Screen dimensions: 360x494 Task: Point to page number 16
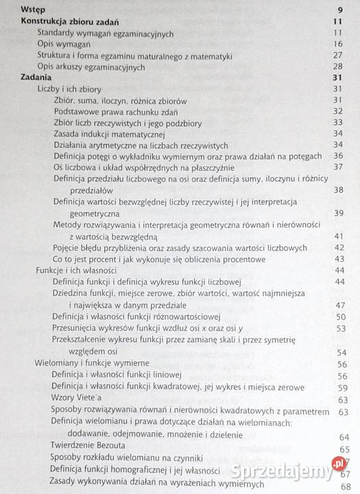coord(337,45)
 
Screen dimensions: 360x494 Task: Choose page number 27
coord(337,56)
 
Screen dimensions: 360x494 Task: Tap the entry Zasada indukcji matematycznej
coord(109,134)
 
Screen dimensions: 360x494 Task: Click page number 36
coord(337,156)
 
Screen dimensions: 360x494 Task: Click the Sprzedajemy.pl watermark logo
coord(294,473)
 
